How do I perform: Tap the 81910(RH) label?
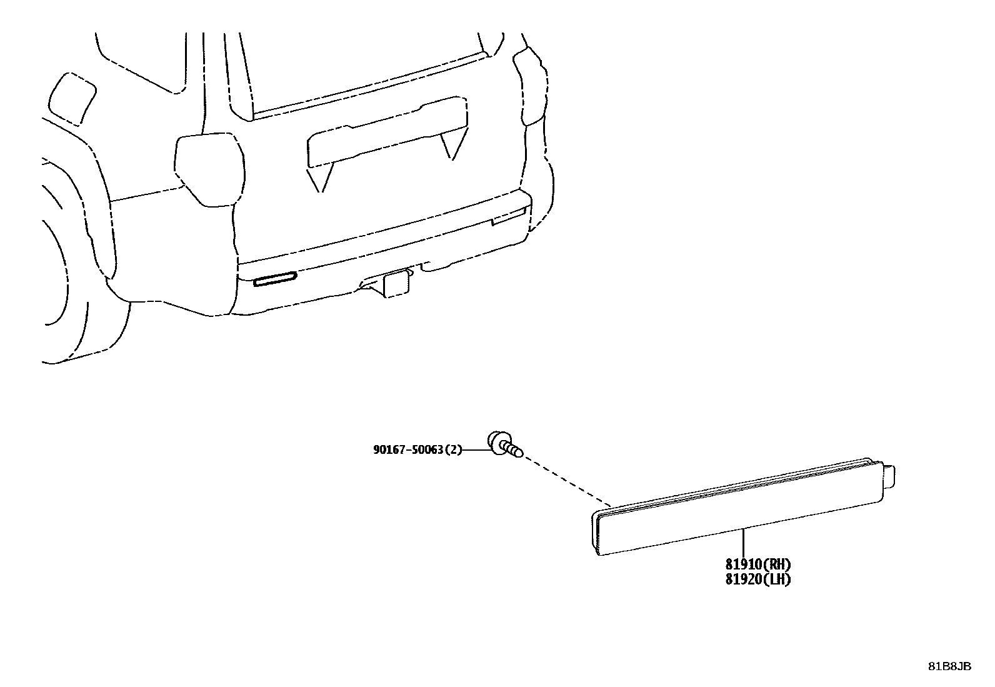(757, 564)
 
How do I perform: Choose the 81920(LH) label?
(757, 579)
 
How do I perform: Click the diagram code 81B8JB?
(949, 666)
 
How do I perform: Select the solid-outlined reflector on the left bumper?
(275, 279)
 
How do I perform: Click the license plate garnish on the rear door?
(387, 134)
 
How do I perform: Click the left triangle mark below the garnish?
(319, 179)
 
